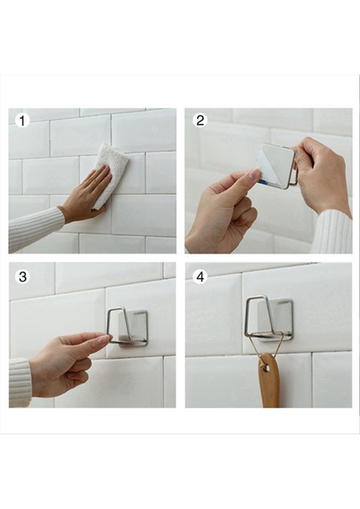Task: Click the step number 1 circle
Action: tap(22, 120)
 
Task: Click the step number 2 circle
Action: tap(200, 120)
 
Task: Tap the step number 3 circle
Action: tap(22, 277)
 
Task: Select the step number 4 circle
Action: tap(200, 277)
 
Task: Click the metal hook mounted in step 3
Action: tap(127, 327)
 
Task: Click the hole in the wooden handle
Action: tap(267, 367)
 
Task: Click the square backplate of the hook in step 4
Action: tap(275, 321)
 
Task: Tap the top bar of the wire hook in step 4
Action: tap(256, 297)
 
